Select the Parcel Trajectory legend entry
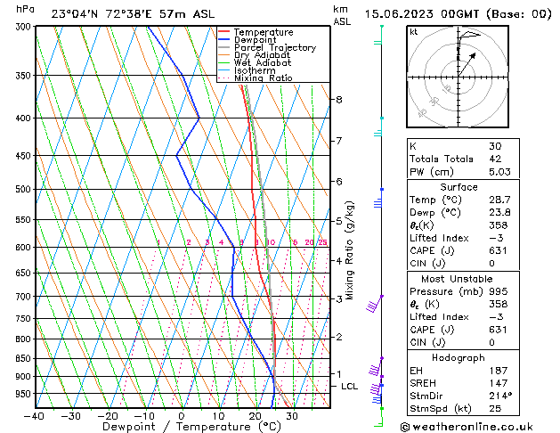coord(274,48)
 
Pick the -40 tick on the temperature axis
coord(34,416)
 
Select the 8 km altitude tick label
coord(339,100)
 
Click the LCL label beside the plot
coord(349,386)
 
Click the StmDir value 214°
coord(499,395)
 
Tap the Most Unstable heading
coord(459,279)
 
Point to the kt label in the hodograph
coord(414,32)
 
